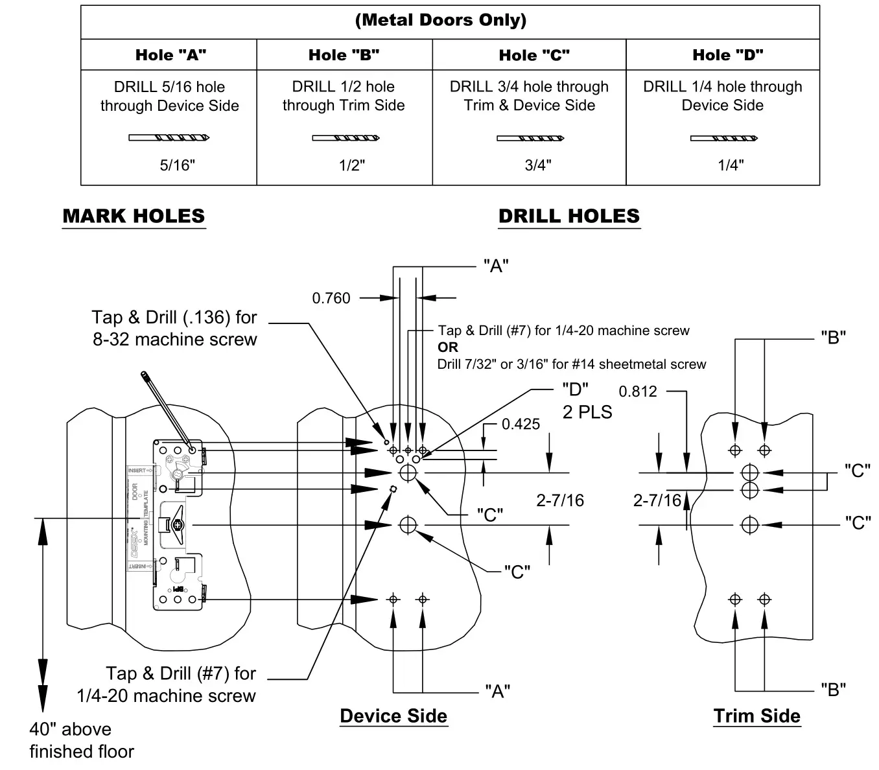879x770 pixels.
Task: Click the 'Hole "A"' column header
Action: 170,55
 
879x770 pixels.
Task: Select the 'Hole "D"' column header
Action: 727,55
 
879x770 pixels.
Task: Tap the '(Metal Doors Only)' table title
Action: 441,20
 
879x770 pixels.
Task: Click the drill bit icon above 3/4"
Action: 530,138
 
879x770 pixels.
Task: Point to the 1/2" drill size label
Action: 351,165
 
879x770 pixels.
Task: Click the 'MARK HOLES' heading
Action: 134,216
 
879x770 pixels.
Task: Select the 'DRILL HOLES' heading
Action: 568,216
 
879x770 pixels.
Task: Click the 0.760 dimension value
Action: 331,298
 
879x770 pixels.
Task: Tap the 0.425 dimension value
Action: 521,424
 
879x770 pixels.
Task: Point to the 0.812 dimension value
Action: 638,391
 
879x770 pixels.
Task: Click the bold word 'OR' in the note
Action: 448,347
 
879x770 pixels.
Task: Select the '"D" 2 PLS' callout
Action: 586,401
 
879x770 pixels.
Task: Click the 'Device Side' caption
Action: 393,716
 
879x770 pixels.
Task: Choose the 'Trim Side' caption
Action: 756,716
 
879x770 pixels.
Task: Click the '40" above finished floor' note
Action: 82,740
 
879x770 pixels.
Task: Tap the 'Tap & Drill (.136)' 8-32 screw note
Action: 174,328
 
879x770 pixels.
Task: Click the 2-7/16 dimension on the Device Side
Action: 560,500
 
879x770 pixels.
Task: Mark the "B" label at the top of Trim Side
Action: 833,337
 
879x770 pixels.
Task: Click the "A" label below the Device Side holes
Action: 497,692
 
